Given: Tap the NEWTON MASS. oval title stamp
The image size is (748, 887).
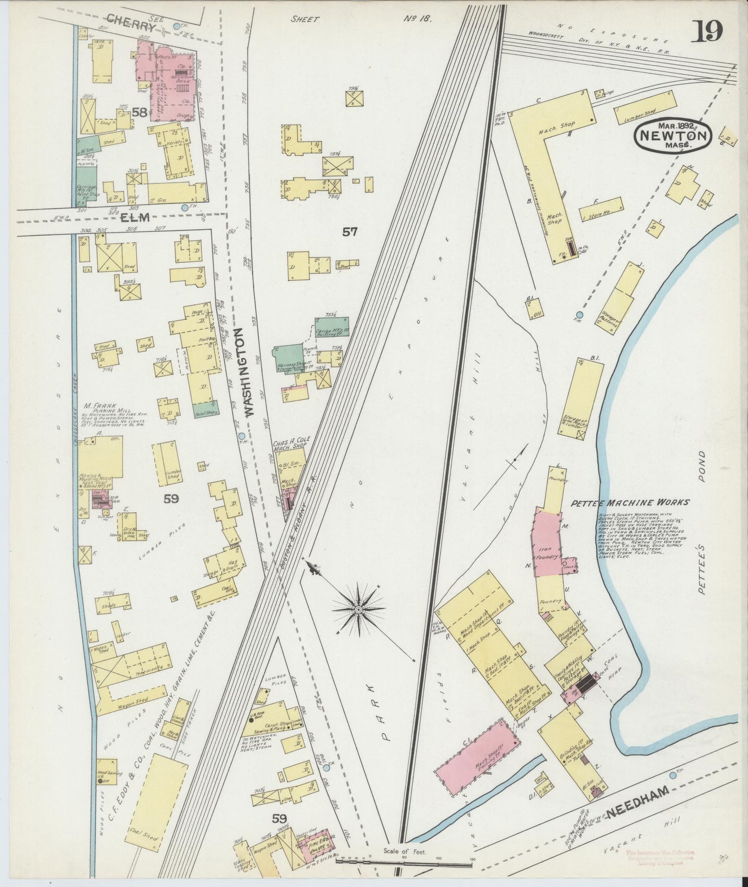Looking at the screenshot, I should click(673, 135).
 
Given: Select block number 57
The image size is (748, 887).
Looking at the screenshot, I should click(350, 232).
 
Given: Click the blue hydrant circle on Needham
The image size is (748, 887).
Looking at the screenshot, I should click(672, 775).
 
